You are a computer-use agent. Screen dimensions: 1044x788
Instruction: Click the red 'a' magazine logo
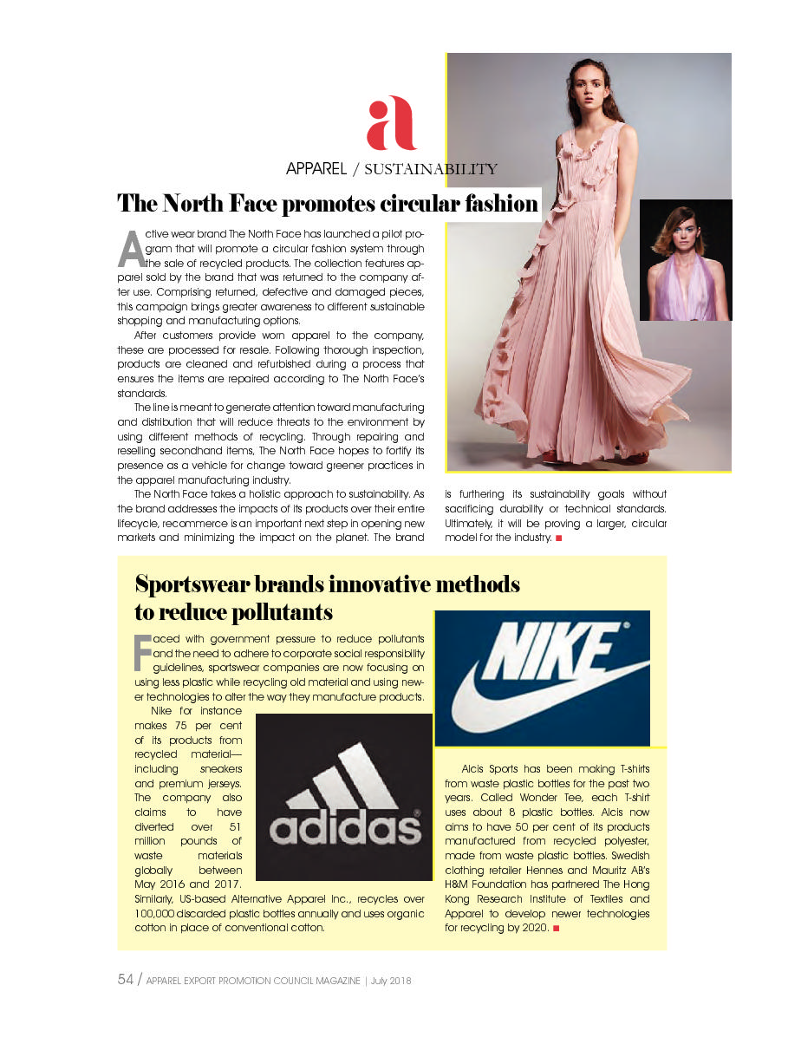click(x=391, y=123)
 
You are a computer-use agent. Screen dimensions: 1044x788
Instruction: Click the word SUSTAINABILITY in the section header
click(x=431, y=169)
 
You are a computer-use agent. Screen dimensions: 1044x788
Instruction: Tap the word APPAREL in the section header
click(x=316, y=169)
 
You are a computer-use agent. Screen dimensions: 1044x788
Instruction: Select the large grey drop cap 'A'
click(x=130, y=249)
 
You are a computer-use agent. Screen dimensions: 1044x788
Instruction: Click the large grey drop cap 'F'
click(x=141, y=653)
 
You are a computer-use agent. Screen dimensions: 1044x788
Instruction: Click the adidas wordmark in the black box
click(x=345, y=827)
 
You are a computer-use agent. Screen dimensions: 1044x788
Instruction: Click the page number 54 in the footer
click(x=126, y=980)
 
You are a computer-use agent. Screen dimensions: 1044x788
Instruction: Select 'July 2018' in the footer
click(x=389, y=981)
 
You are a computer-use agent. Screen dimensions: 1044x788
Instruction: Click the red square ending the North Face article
click(x=559, y=538)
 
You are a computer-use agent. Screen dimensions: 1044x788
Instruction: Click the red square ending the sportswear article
click(x=556, y=929)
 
